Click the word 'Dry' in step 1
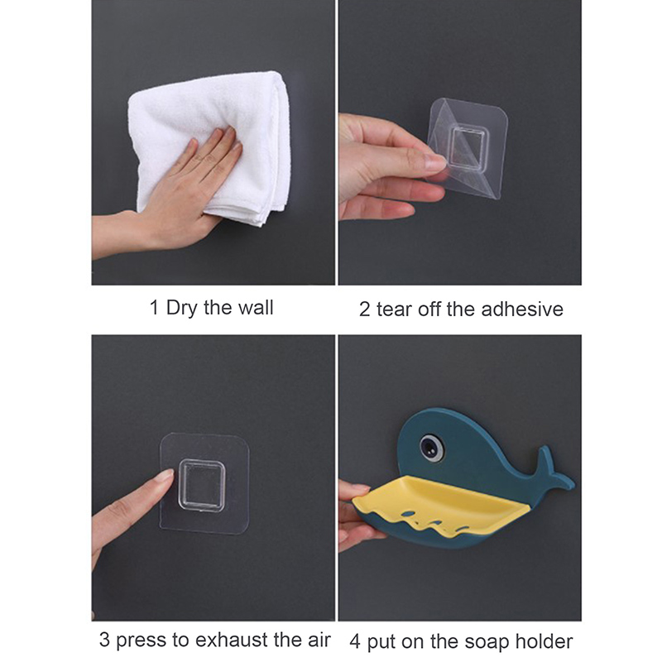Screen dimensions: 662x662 click(x=182, y=308)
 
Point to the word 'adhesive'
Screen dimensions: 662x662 click(x=522, y=309)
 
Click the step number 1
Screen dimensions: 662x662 click(x=154, y=307)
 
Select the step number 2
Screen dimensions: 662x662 click(x=364, y=309)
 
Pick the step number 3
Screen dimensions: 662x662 click(x=104, y=640)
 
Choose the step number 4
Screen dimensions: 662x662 click(x=355, y=642)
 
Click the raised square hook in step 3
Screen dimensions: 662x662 click(x=201, y=486)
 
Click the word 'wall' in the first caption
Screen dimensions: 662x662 click(x=256, y=307)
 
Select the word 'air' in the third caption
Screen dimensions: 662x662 click(x=319, y=640)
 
